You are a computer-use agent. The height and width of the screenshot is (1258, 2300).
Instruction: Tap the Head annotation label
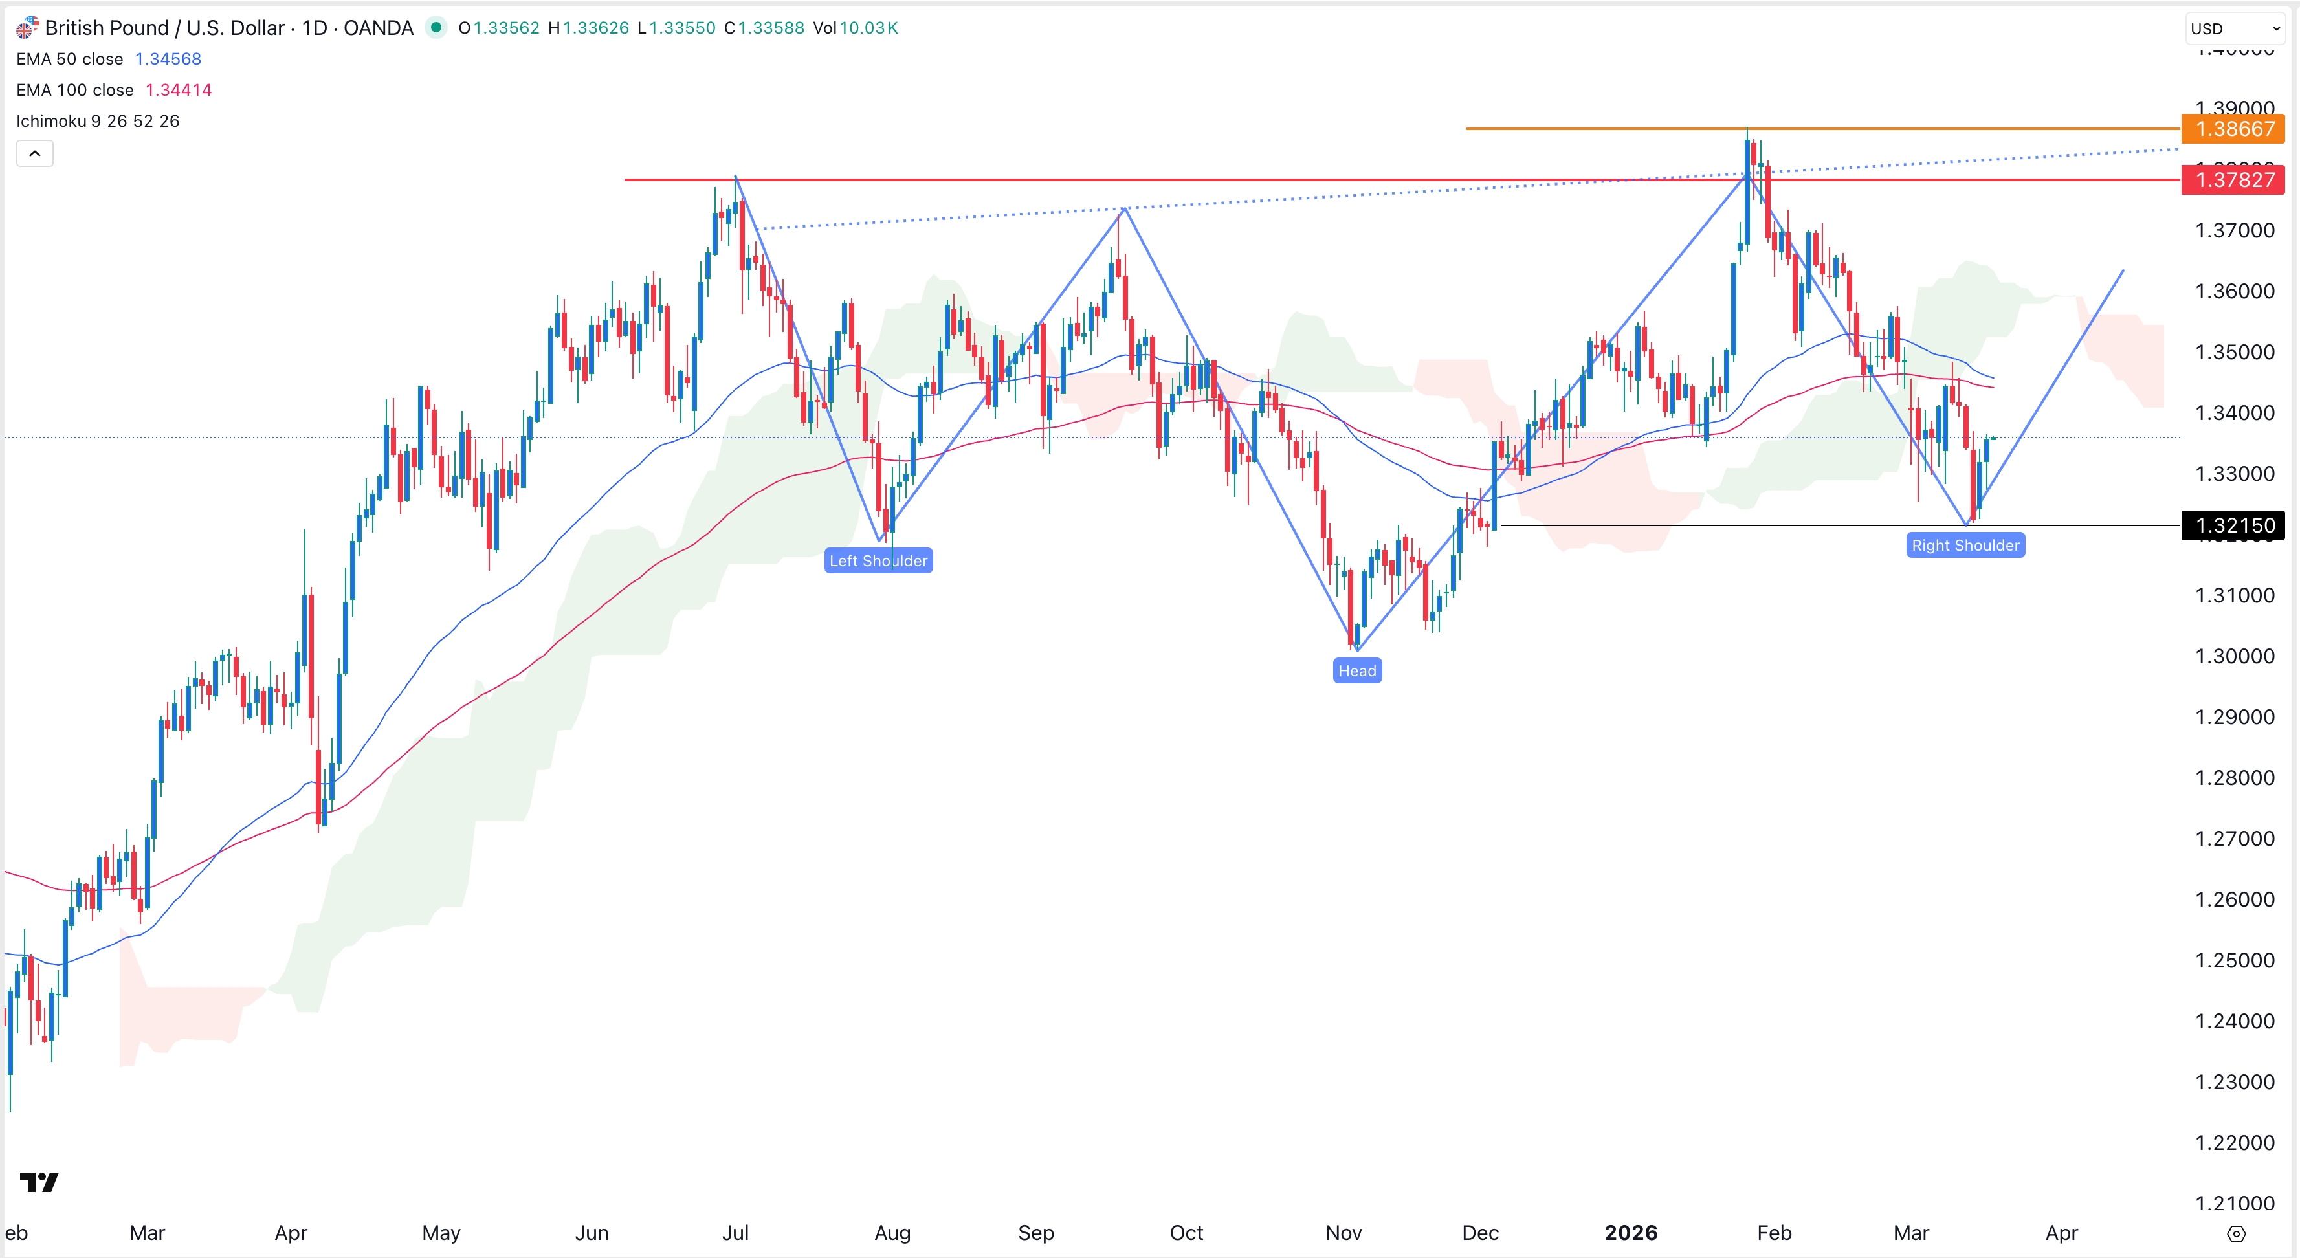(x=1356, y=670)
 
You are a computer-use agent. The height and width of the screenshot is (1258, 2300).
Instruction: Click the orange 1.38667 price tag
(x=2233, y=129)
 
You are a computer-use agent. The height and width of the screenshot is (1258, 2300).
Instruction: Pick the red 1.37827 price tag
(x=2233, y=179)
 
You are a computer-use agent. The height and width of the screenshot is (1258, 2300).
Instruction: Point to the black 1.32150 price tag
(x=2233, y=525)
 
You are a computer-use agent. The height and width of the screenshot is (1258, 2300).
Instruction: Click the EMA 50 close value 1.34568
(x=168, y=59)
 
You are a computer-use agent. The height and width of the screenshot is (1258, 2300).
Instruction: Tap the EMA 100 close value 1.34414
(x=179, y=90)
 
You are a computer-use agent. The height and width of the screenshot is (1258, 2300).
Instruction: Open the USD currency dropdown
(x=2235, y=28)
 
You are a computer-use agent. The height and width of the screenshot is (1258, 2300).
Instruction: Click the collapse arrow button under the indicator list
(x=35, y=153)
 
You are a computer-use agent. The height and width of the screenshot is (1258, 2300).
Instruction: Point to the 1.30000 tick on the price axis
(x=2234, y=656)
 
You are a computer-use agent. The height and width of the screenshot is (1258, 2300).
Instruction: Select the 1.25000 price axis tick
(x=2234, y=960)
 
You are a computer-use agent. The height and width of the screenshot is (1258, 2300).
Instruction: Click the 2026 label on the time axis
(x=1630, y=1233)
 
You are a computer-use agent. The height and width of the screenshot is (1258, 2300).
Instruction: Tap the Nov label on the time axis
(x=1343, y=1233)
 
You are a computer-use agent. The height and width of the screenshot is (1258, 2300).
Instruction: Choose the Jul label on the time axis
(x=735, y=1233)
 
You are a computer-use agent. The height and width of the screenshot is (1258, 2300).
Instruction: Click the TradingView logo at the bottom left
(x=39, y=1182)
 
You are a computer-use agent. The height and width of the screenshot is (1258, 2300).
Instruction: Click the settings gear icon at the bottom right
(x=2236, y=1234)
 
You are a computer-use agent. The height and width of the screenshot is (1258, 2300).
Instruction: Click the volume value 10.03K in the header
(x=868, y=28)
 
